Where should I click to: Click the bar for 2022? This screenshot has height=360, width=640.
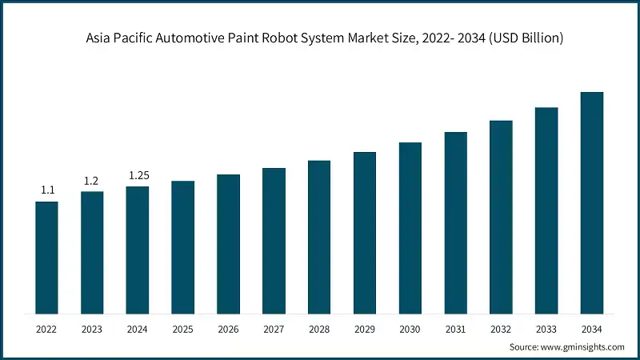[46, 257]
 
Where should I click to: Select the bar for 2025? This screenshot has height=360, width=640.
[183, 246]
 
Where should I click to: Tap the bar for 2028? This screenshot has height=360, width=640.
[319, 236]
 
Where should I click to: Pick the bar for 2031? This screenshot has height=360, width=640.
[455, 222]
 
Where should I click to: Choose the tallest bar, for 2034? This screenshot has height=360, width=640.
[591, 202]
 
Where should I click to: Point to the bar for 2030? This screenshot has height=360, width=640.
[410, 227]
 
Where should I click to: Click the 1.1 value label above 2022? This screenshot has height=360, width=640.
[47, 190]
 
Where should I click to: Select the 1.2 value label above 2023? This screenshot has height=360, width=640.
[92, 181]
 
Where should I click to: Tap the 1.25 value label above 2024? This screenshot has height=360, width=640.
[138, 175]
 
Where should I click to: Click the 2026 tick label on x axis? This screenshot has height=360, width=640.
[228, 328]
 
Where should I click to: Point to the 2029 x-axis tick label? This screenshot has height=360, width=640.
[365, 328]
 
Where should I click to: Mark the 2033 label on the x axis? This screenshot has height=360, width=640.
[546, 328]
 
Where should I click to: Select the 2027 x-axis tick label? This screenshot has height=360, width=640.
[274, 328]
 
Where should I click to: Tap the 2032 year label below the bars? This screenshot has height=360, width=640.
[501, 328]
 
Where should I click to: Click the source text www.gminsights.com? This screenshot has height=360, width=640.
[583, 346]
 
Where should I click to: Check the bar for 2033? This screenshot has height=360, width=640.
[546, 210]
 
